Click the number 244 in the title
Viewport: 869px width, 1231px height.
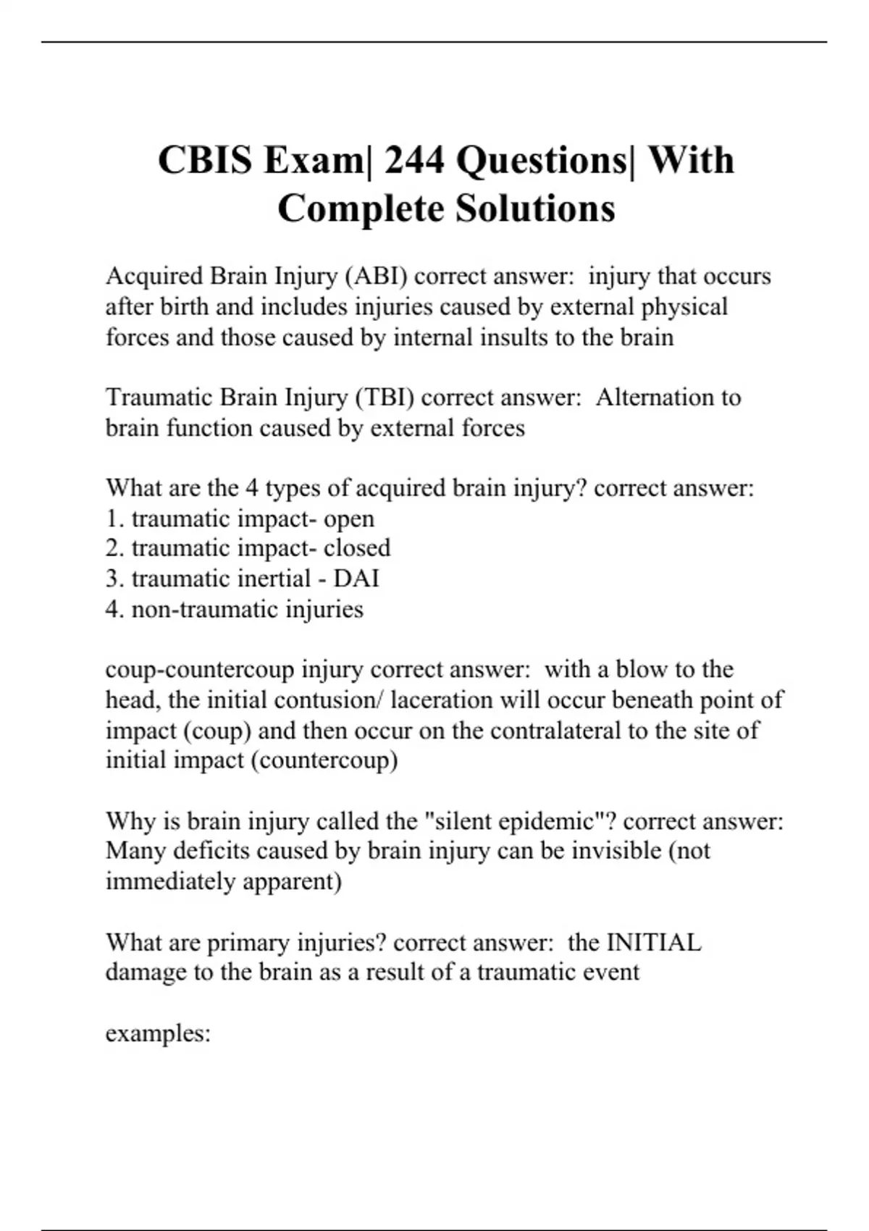point(414,160)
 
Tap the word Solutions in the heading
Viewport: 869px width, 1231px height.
point(535,209)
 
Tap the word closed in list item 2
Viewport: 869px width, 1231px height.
point(357,548)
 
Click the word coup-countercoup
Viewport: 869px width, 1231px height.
point(200,669)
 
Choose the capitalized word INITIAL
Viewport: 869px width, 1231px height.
point(653,942)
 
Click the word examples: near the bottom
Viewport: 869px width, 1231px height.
point(158,1033)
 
